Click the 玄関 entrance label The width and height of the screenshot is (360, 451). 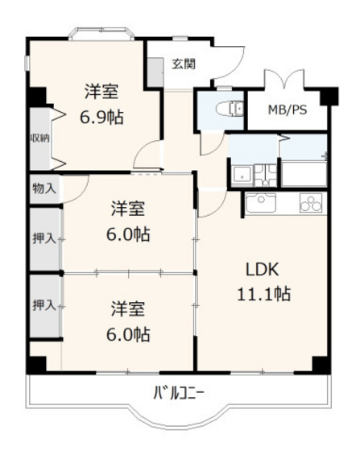click(183, 64)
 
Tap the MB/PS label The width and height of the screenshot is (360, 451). click(287, 110)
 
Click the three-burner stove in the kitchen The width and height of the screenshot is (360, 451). click(309, 204)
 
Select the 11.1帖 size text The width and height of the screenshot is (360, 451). click(263, 294)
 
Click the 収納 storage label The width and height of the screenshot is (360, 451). click(39, 138)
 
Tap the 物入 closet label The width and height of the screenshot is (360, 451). click(43, 189)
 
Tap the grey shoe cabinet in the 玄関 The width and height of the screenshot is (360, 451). click(155, 73)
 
